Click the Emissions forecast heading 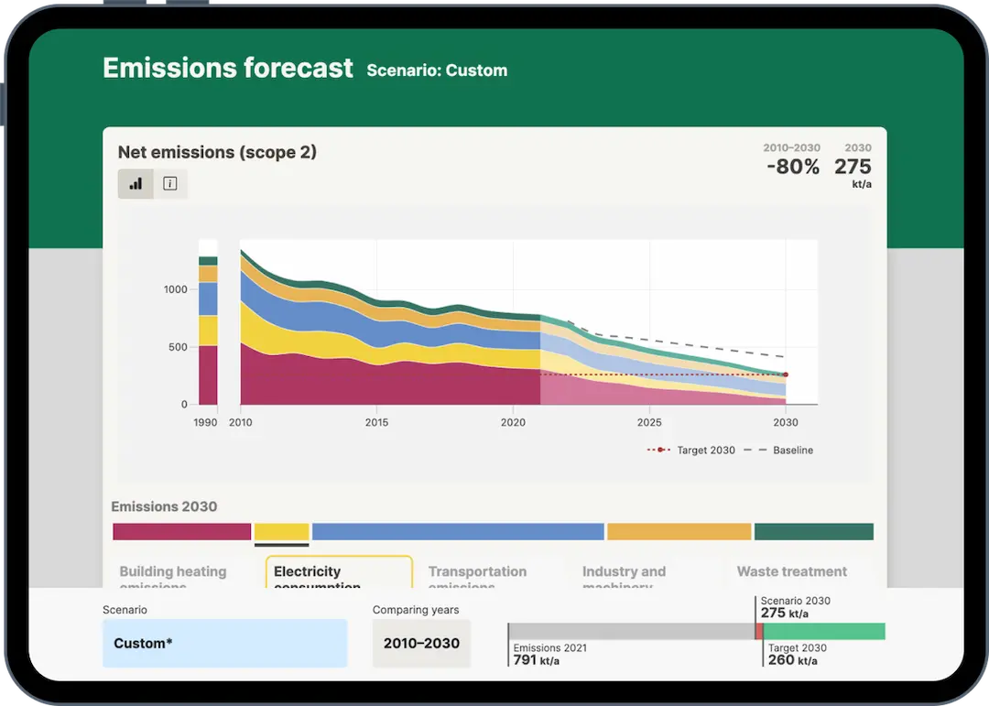[x=227, y=69]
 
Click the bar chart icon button [x=136, y=183]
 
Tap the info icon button [x=169, y=183]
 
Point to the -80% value [x=792, y=168]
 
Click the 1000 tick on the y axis [x=176, y=289]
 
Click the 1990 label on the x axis [x=205, y=422]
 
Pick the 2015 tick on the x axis [x=376, y=422]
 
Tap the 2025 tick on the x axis [x=649, y=422]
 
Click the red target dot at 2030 [x=786, y=375]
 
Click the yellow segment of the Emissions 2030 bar [x=281, y=531]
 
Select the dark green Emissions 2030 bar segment [x=813, y=531]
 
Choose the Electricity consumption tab [x=339, y=573]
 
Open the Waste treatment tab [x=791, y=571]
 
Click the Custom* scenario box [x=224, y=643]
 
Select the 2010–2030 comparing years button [x=421, y=643]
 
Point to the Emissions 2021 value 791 [x=525, y=660]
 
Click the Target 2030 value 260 [x=780, y=660]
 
